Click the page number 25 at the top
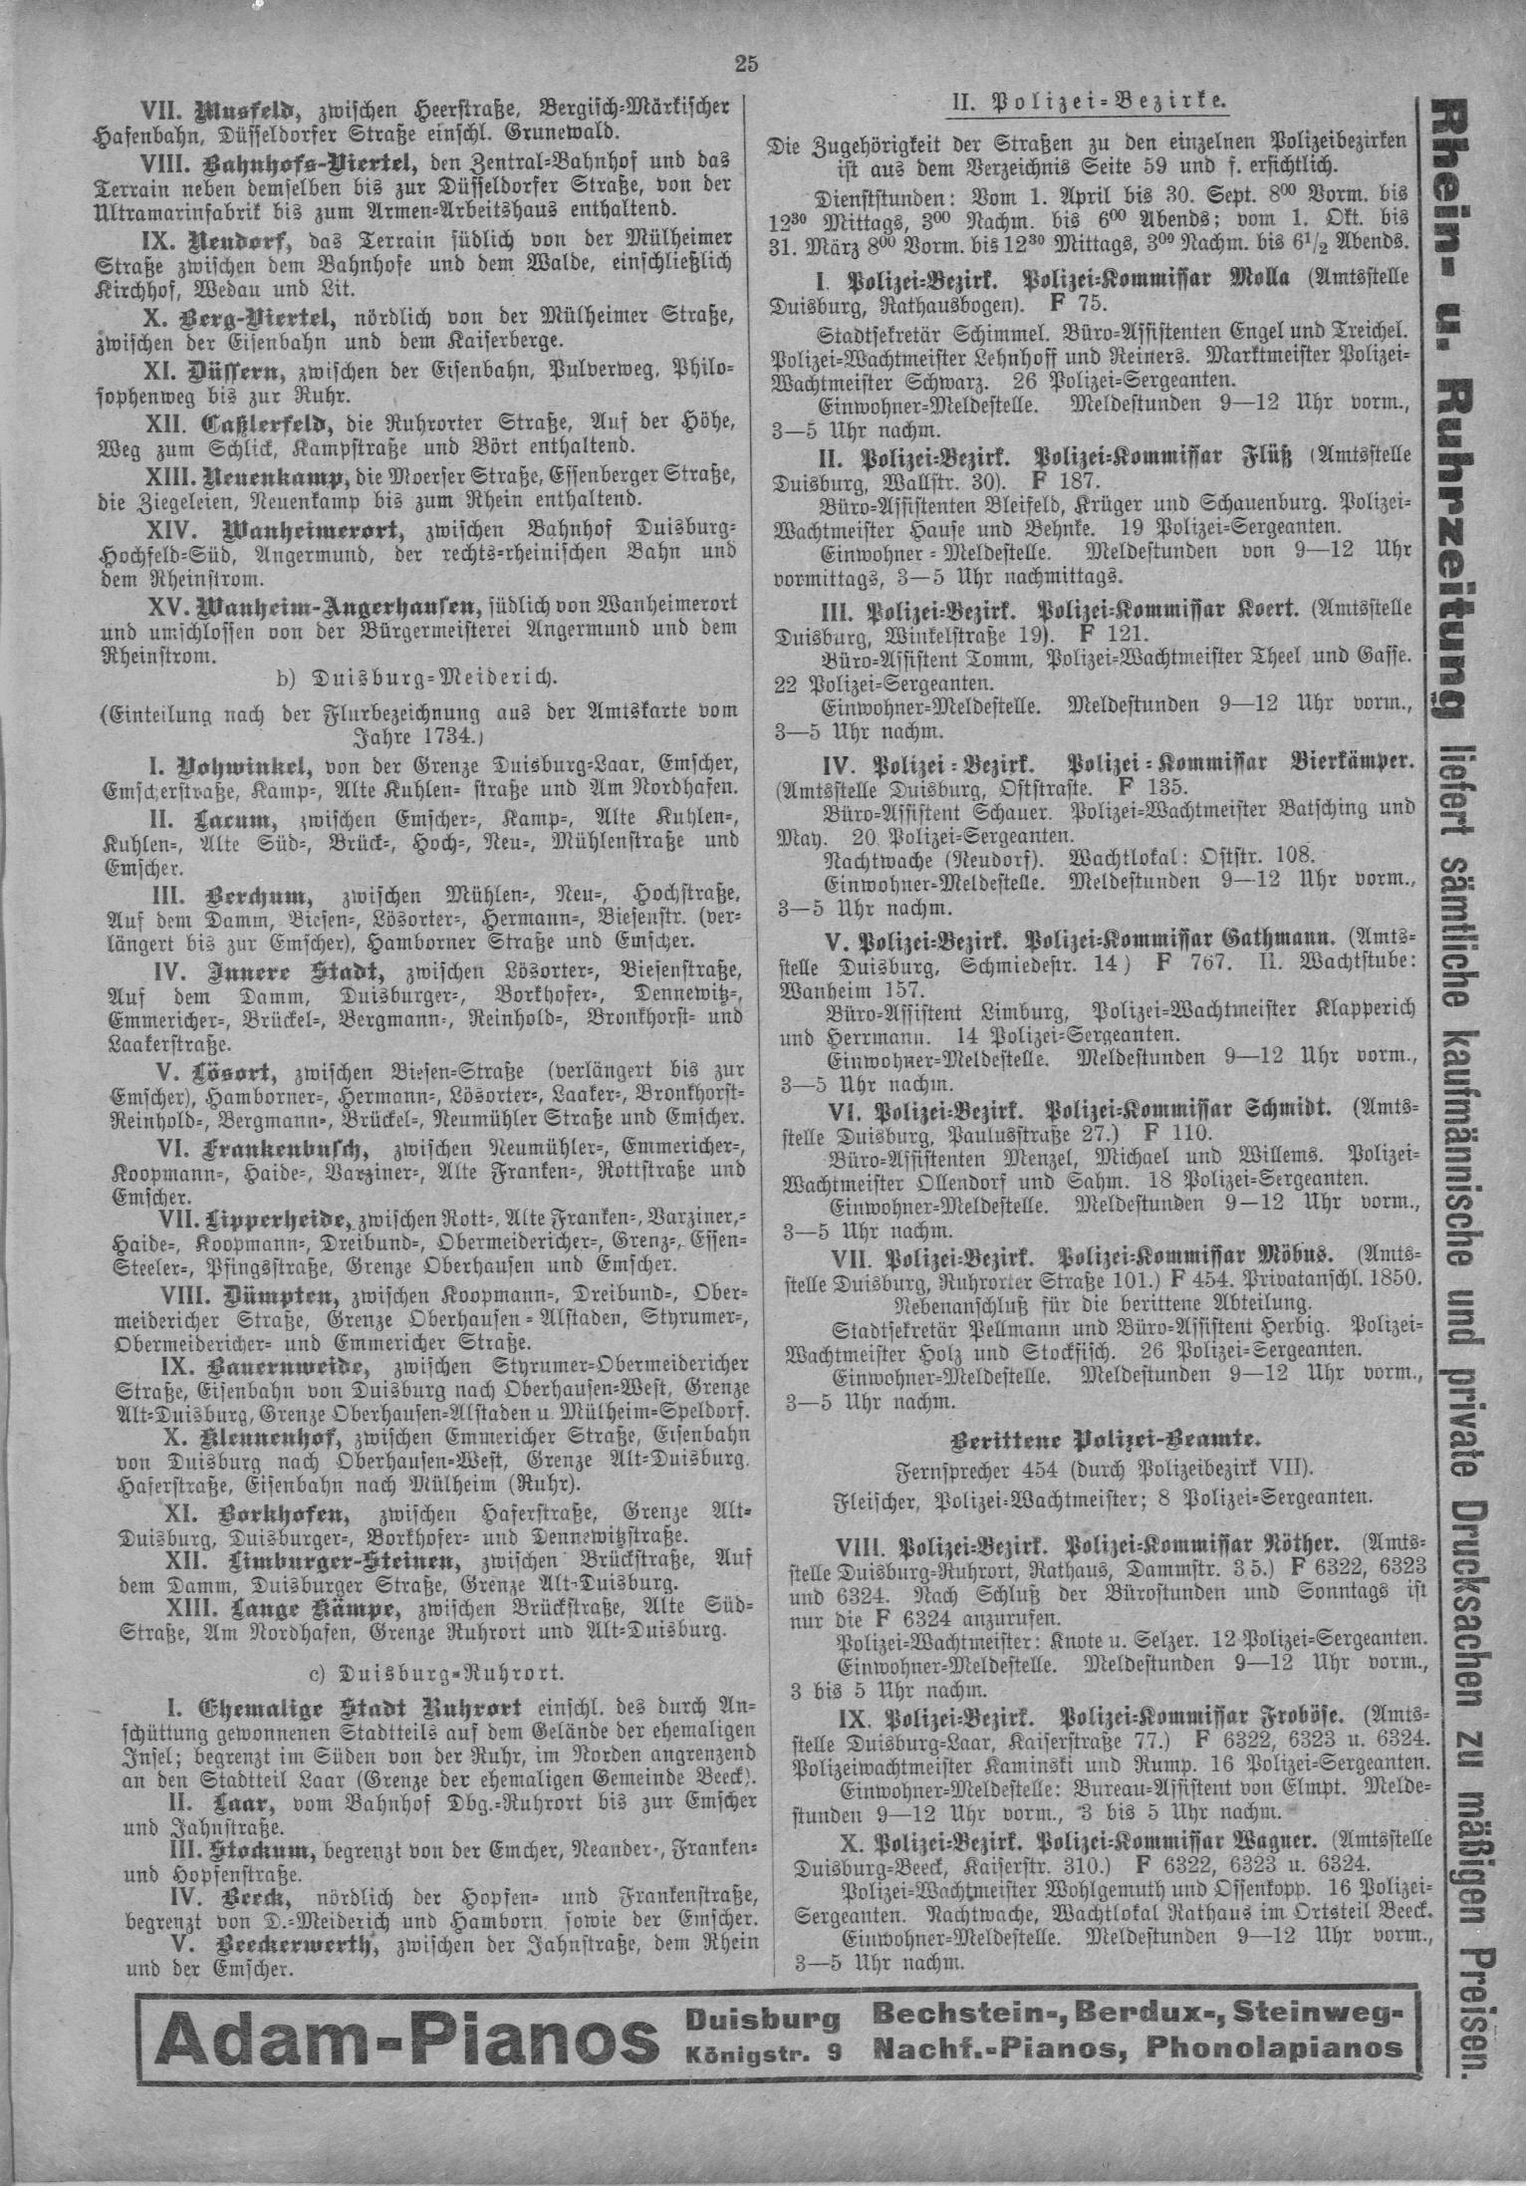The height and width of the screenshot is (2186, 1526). pyautogui.click(x=746, y=65)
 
